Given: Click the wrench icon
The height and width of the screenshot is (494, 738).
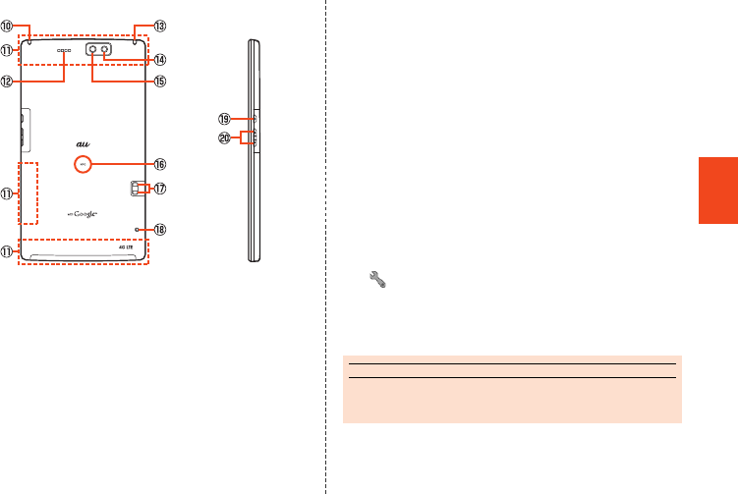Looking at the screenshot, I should pyautogui.click(x=376, y=280).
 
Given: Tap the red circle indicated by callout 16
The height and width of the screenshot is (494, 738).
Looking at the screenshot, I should pyautogui.click(x=84, y=164).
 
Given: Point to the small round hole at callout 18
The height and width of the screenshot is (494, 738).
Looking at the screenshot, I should pyautogui.click(x=138, y=230).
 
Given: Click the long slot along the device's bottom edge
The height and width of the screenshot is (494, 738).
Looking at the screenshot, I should pyautogui.click(x=84, y=256).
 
